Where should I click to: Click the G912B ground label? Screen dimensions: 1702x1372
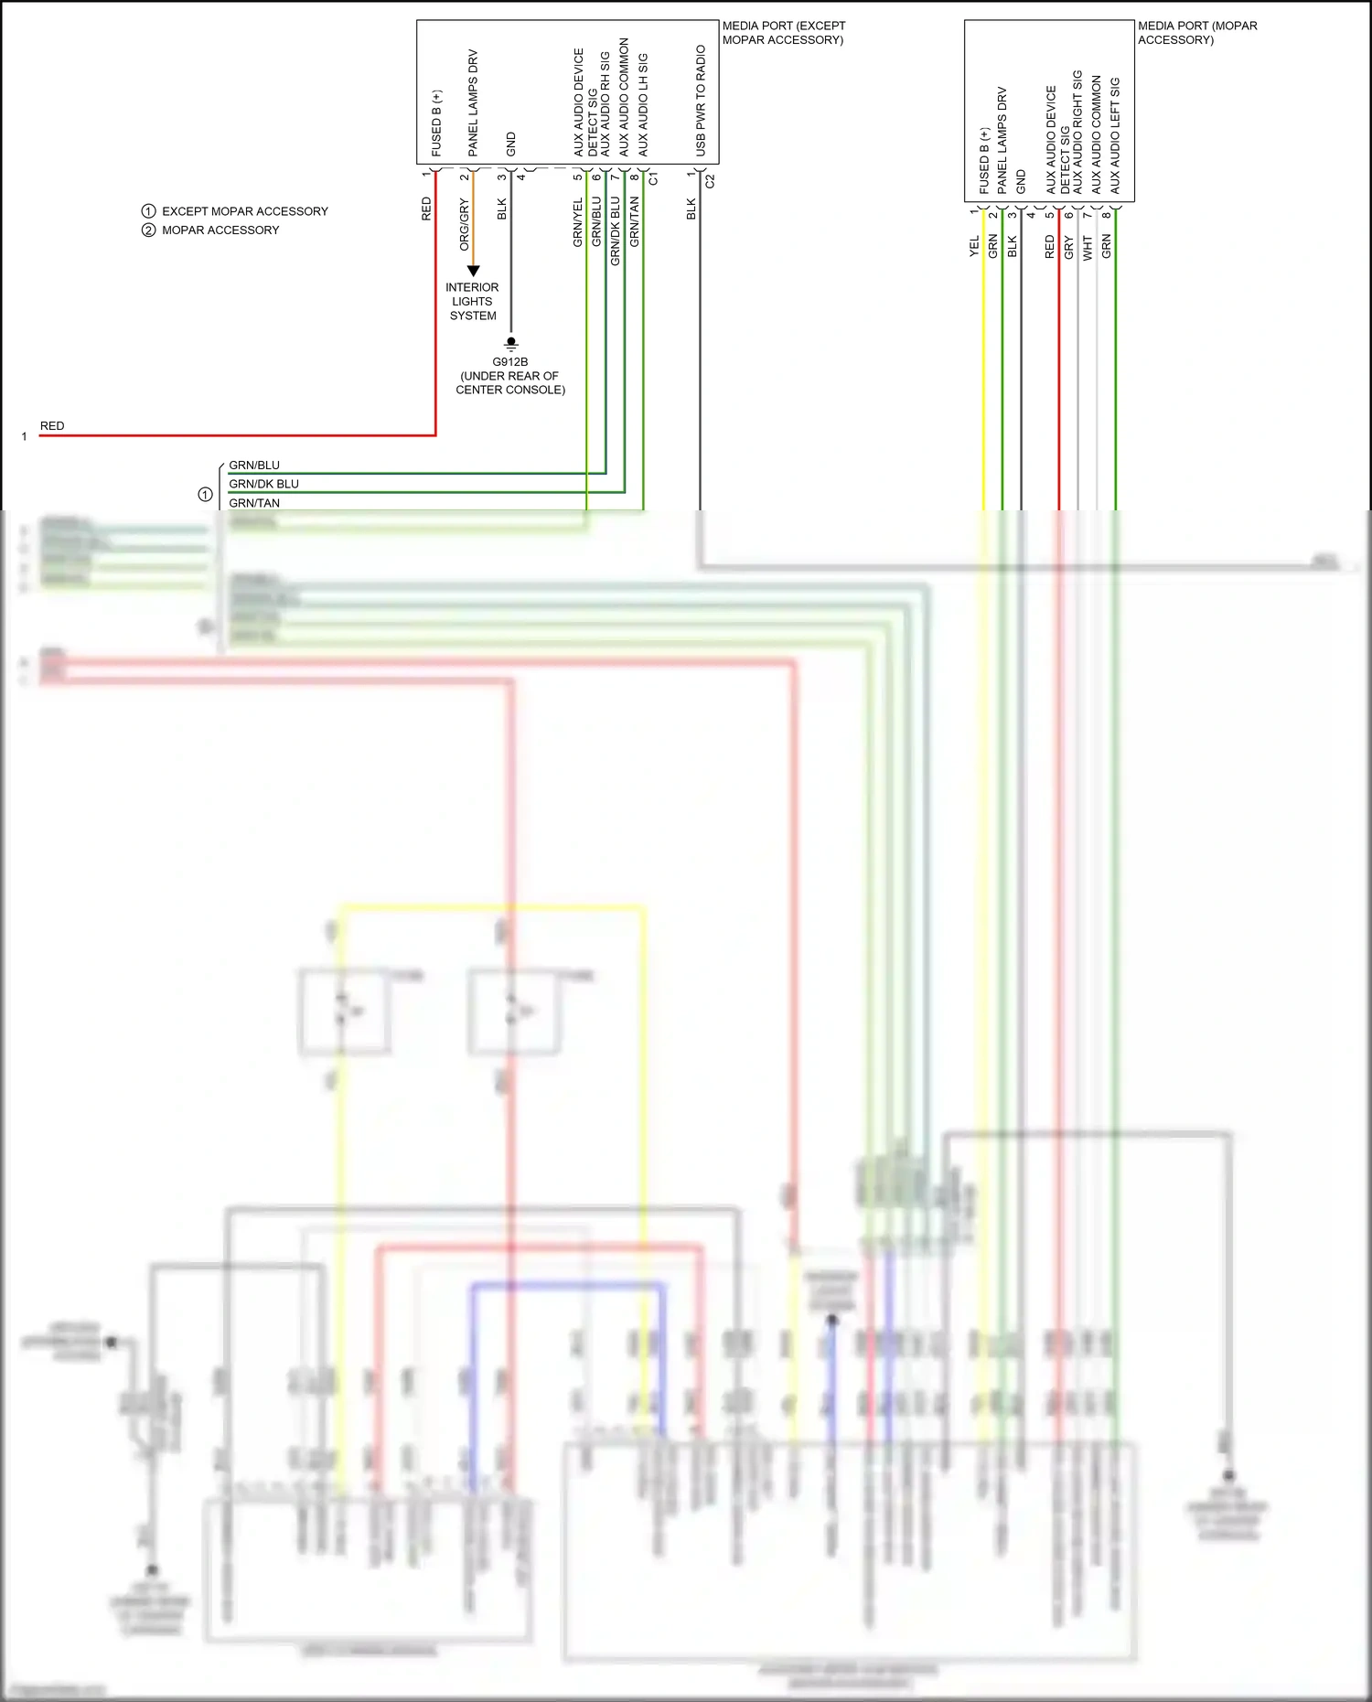[509, 361]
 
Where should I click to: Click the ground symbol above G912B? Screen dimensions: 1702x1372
[511, 344]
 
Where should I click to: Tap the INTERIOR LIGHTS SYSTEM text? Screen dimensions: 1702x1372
[472, 301]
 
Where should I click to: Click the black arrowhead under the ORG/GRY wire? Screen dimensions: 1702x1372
[473, 271]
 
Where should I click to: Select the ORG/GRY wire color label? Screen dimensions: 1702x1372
[464, 225]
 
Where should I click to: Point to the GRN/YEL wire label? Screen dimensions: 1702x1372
[577, 223]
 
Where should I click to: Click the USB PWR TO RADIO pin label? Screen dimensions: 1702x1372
[701, 101]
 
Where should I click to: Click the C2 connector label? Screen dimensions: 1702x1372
[710, 181]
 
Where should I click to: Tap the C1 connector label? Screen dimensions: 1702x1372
[653, 179]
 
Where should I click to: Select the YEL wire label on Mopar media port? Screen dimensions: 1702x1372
[974, 246]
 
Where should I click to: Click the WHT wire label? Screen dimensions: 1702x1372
[1088, 247]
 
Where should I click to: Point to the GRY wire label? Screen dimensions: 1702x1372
[1068, 247]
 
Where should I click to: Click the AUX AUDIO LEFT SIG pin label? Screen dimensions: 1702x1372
[1115, 135]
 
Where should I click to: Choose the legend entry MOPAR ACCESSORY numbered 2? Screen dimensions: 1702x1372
[220, 230]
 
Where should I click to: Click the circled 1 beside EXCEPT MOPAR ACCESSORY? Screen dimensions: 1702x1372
[148, 211]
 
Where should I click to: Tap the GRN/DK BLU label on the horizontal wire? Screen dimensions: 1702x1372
[263, 484]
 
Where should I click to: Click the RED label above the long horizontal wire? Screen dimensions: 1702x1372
[52, 426]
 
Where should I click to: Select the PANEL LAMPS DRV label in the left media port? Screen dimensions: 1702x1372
[473, 102]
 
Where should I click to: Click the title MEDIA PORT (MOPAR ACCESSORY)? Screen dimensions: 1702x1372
[1196, 33]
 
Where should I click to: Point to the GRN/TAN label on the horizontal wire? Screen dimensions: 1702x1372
[254, 503]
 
